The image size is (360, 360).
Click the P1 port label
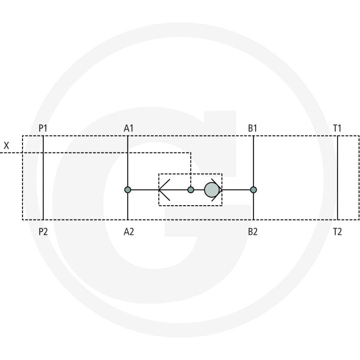coord(43,128)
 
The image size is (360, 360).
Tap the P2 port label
coord(43,232)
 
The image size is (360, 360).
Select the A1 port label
coord(129,128)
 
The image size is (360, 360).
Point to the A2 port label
coord(129,232)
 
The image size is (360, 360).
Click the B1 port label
coord(252,128)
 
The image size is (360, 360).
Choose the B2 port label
coord(253,232)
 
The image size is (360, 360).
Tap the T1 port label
coord(337,128)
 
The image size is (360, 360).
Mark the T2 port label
coord(337,232)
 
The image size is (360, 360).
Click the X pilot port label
coord(6,145)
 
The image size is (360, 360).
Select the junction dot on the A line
coord(128,190)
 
